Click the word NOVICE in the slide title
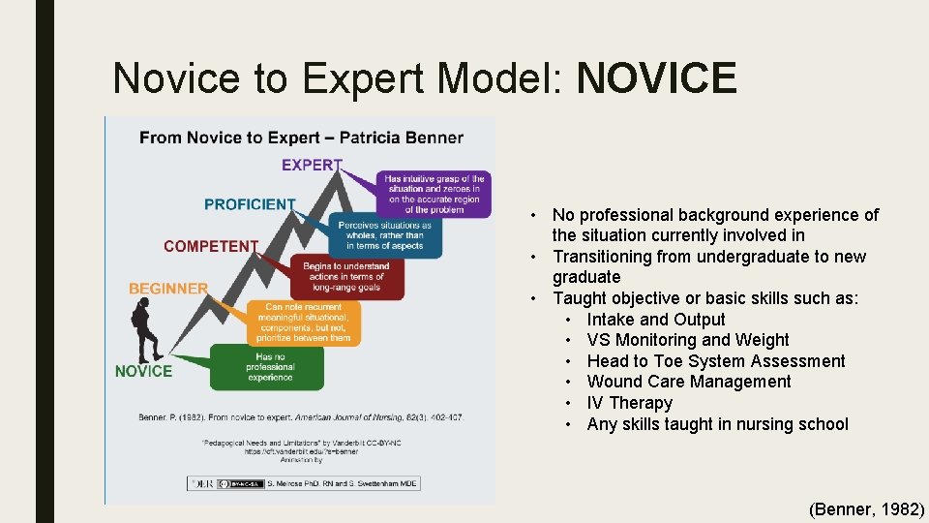[x=656, y=78]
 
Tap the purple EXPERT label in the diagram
[x=312, y=165]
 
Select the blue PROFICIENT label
[x=250, y=204]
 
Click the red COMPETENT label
[x=211, y=246]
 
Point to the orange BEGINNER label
[x=168, y=288]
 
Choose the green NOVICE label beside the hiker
[x=143, y=371]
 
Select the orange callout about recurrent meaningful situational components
[x=300, y=323]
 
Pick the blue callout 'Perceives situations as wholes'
[x=383, y=235]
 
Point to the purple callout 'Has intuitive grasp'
[x=434, y=194]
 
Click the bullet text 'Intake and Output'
[x=655, y=320]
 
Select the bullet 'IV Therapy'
[x=629, y=403]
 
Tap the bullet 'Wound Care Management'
[x=688, y=382]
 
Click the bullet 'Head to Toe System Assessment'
[x=715, y=361]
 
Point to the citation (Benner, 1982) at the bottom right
[x=866, y=508]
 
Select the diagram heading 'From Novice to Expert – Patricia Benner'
[x=301, y=138]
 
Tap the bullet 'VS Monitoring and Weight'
[x=687, y=340]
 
